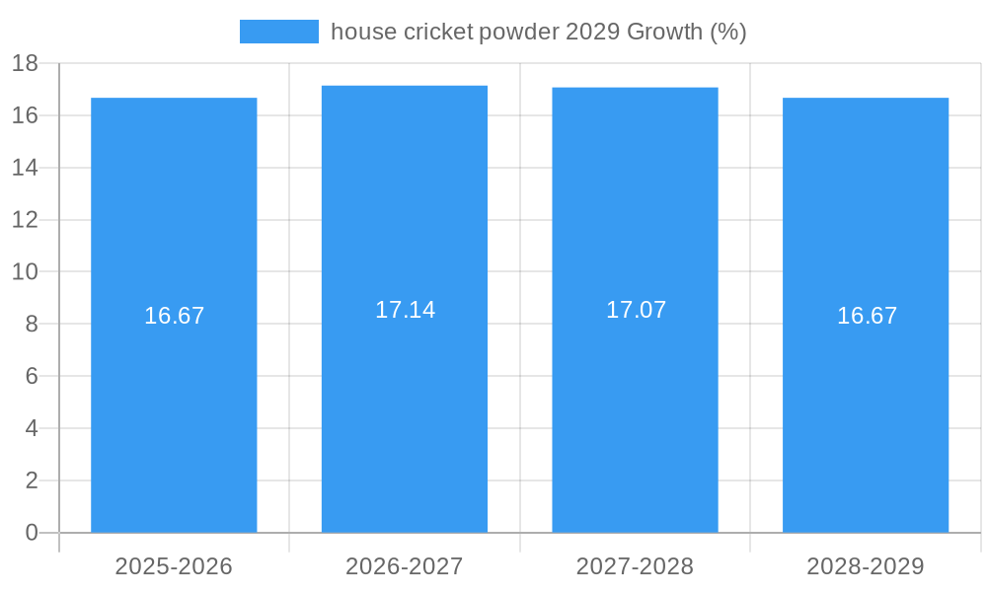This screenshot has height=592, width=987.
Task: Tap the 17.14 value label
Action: (405, 310)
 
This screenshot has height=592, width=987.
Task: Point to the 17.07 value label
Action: (636, 310)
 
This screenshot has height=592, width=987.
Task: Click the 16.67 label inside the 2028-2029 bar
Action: (867, 316)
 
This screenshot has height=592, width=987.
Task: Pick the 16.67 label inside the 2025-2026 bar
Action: (174, 316)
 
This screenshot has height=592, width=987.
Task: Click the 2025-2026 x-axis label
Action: (174, 566)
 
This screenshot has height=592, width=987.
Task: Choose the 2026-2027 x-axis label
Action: (405, 566)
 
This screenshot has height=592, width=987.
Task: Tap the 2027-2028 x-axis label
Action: (635, 566)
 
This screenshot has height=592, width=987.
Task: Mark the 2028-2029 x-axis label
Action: (866, 566)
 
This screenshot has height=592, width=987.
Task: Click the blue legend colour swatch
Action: (279, 32)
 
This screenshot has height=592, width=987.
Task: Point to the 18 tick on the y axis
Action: (25, 64)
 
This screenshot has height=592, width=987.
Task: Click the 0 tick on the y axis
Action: (32, 533)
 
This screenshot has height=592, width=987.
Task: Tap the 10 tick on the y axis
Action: (25, 272)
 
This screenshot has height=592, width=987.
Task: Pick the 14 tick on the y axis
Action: (25, 168)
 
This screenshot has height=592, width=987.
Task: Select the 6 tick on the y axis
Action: (32, 376)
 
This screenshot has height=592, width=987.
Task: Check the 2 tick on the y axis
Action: (32, 481)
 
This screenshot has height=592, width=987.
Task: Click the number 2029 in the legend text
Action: (592, 32)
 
